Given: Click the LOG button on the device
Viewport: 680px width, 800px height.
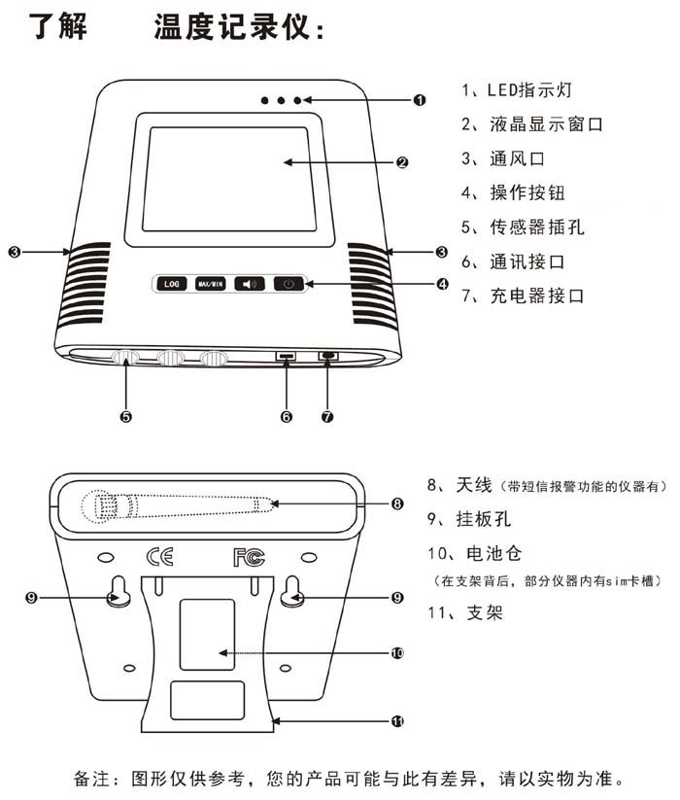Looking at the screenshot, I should [x=171, y=284].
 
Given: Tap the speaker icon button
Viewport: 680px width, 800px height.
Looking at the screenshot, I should [x=250, y=284].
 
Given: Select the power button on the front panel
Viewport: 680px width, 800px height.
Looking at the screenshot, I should [x=289, y=284].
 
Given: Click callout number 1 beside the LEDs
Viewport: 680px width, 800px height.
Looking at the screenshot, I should [x=420, y=99].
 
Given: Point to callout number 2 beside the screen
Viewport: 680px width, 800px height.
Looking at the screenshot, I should [x=402, y=162].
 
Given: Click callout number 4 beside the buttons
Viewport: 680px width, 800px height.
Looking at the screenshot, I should [x=442, y=285].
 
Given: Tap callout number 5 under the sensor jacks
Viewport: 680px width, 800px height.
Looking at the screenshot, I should [x=125, y=416].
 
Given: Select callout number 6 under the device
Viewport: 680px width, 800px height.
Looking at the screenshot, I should [x=286, y=416].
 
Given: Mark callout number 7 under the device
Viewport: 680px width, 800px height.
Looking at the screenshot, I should [x=327, y=416].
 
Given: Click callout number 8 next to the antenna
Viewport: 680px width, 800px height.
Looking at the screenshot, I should [x=397, y=504].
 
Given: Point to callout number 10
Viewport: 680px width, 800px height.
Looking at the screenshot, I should [x=397, y=653].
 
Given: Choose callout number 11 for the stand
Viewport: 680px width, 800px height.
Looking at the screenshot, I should [x=397, y=721].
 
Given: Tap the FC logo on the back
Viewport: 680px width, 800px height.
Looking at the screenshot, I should [x=249, y=557].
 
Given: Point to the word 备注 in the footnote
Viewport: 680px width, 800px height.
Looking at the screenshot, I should [x=92, y=779].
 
